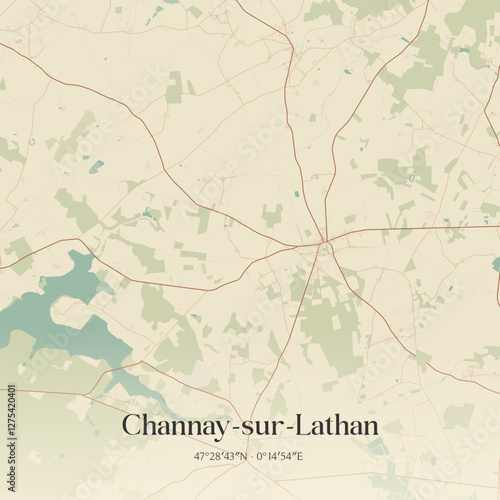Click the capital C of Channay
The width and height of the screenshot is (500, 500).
pos(131,426)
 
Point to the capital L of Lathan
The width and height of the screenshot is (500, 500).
pos(299,426)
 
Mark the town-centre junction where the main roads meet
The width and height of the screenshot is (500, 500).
pos(322,242)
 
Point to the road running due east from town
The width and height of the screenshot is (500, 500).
pos(420,229)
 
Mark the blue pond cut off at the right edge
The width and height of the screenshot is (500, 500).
pos(496,264)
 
